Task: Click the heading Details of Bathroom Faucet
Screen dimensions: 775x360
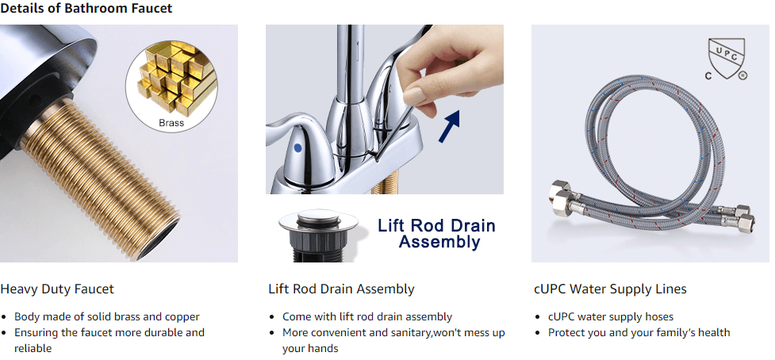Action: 86,9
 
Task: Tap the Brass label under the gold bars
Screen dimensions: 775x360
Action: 171,123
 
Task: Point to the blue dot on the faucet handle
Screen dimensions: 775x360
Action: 297,147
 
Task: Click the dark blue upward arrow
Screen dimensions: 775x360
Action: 450,126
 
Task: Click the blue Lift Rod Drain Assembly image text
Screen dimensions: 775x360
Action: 436,234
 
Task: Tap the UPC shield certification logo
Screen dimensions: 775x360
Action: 724,58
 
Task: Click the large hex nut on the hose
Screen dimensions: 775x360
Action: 562,198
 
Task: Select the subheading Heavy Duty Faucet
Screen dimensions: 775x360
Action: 57,289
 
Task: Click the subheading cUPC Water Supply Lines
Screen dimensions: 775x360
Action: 611,289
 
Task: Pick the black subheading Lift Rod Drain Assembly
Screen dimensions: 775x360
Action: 342,289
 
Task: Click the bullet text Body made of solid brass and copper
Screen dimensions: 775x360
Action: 107,316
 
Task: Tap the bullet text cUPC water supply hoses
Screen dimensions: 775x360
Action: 611,316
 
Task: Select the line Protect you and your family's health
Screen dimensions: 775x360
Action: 639,332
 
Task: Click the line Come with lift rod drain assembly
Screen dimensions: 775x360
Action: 367,316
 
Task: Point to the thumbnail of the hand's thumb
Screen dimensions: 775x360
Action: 414,95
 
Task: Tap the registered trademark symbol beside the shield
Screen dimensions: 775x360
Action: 742,75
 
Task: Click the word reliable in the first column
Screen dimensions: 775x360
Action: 33,348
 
